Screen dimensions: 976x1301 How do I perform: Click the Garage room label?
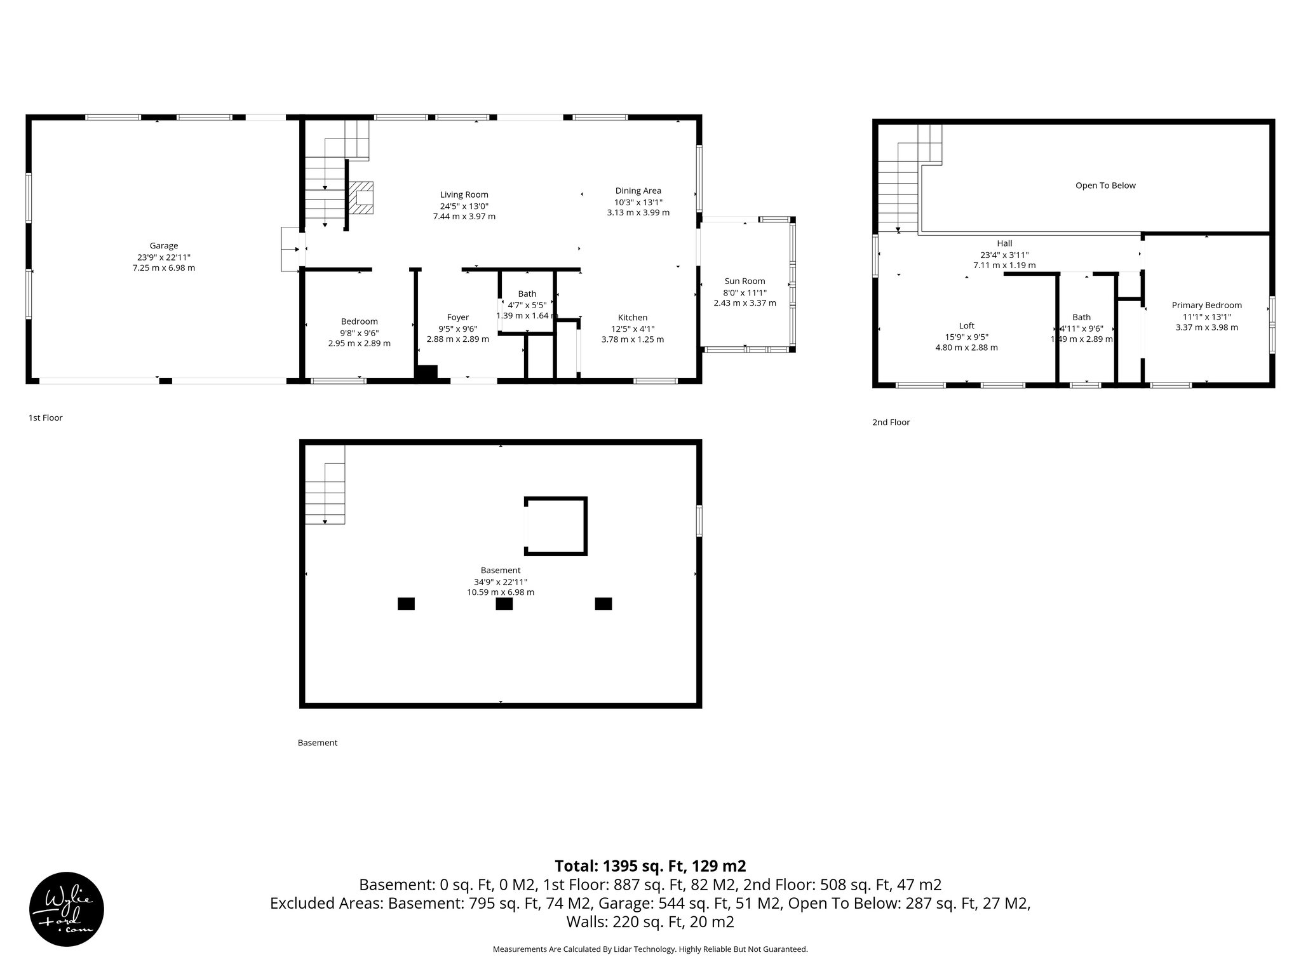click(164, 246)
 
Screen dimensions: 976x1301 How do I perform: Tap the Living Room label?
click(464, 195)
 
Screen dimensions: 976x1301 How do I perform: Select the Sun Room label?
click(745, 281)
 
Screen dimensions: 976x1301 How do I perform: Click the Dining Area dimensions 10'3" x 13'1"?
click(638, 202)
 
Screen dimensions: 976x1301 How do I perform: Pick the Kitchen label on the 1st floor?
click(633, 318)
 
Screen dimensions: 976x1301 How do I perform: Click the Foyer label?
click(457, 317)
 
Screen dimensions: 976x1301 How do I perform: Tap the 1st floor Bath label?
click(527, 294)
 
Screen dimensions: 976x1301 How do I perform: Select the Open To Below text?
click(1105, 186)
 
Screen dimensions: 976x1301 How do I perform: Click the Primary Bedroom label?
click(1206, 305)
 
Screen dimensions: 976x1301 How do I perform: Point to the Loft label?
click(966, 326)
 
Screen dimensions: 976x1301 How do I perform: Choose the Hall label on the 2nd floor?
click(1004, 243)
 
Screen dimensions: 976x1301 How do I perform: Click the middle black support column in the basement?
click(504, 604)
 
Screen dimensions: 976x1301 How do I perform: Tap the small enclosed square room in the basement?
click(556, 526)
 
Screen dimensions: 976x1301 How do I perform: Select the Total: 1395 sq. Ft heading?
click(650, 866)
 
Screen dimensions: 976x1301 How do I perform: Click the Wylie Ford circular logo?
click(67, 909)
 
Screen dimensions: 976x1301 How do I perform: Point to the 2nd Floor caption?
click(891, 423)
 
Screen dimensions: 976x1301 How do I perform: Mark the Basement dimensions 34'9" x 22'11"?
click(501, 582)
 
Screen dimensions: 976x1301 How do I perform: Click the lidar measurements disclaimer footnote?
click(650, 949)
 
